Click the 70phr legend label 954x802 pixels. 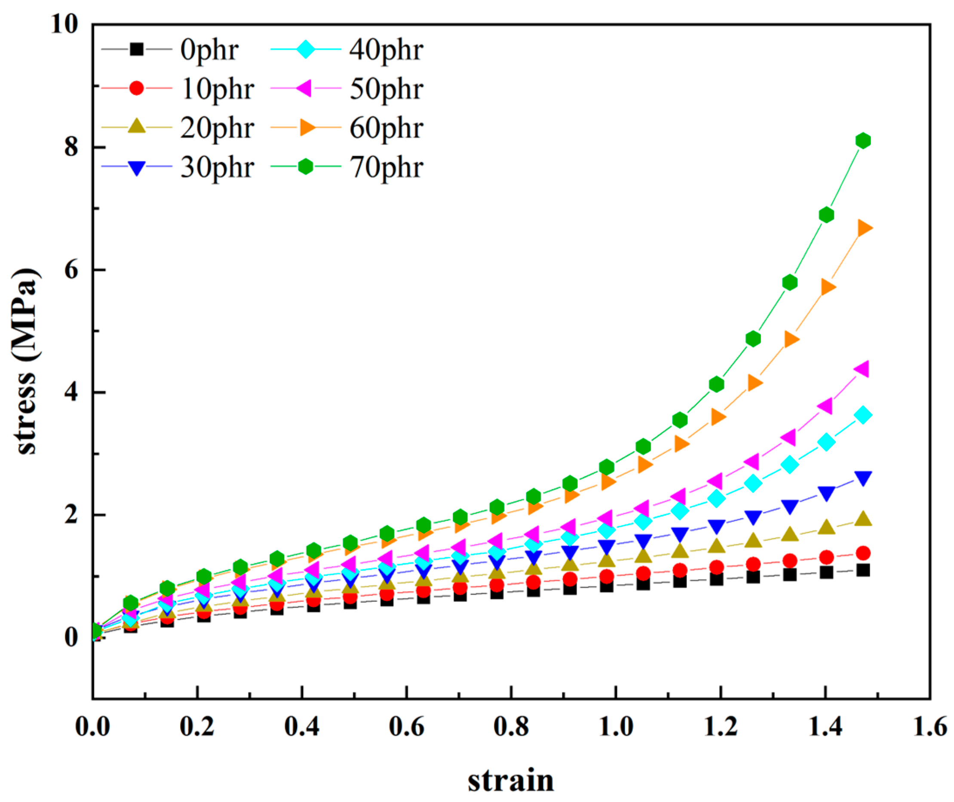tap(386, 168)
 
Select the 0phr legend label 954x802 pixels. tap(209, 49)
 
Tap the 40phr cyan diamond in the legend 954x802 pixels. tap(306, 49)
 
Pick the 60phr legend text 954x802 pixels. tap(386, 128)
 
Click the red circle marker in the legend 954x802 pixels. tap(136, 88)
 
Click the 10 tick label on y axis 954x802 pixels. tap(64, 24)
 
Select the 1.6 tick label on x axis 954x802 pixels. tap(929, 728)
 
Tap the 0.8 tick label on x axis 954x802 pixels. tap(511, 728)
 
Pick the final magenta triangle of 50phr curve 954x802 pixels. tap(862, 369)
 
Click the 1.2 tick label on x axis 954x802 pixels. tap(721, 728)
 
